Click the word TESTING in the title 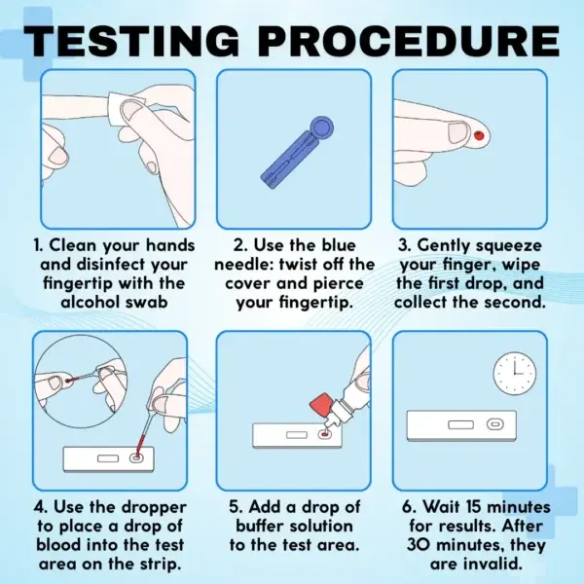click(x=131, y=41)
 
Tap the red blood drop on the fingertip click(x=479, y=135)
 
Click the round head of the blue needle click(x=321, y=128)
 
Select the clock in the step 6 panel click(x=515, y=373)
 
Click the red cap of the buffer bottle click(x=321, y=406)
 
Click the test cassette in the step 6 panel click(x=461, y=425)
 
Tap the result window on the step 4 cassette click(x=108, y=458)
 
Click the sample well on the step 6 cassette click(x=495, y=424)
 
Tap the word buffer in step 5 click(x=260, y=526)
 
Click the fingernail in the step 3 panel click(x=457, y=133)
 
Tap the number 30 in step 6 click(x=419, y=545)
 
